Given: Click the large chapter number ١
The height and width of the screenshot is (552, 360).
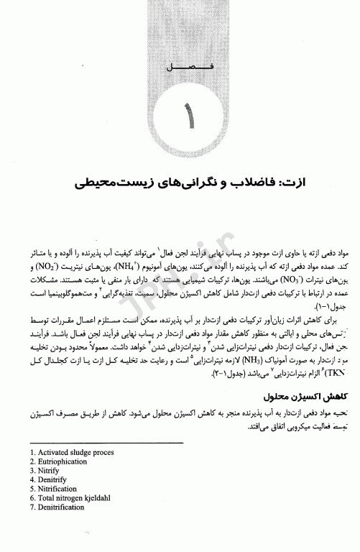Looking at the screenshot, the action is [190, 115].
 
